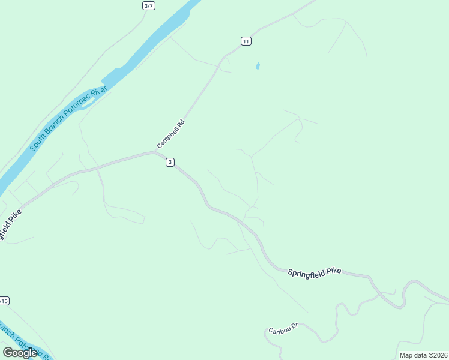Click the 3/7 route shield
[148, 5]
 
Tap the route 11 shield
[246, 41]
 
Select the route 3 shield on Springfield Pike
[170, 162]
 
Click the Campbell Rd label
[172, 134]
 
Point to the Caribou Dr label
[283, 329]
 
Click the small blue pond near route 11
[258, 66]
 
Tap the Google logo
[20, 353]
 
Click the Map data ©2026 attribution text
[424, 355]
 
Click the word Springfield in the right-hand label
[304, 272]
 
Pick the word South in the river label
[38, 142]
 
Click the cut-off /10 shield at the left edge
[4, 301]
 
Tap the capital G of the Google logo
[8, 353]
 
